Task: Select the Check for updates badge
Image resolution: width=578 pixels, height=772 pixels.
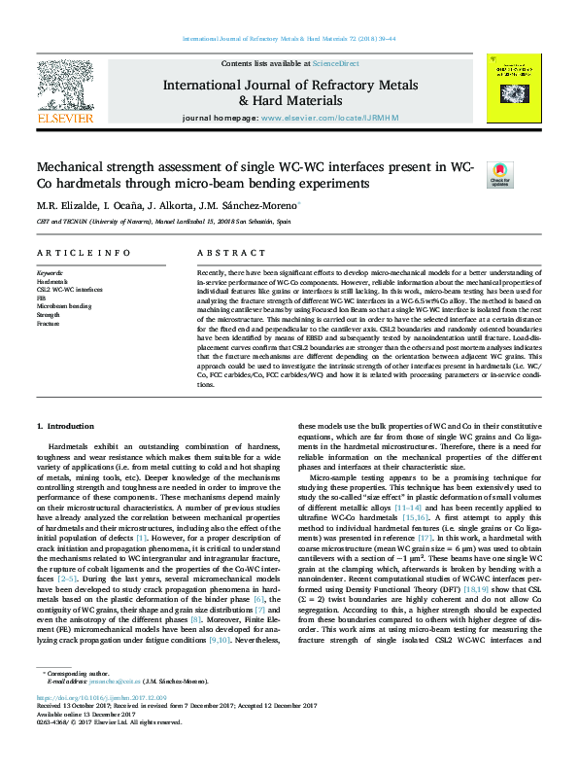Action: click(x=499, y=174)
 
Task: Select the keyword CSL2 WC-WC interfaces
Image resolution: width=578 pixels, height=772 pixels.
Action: click(x=69, y=290)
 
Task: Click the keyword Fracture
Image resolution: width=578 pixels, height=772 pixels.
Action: click(x=50, y=323)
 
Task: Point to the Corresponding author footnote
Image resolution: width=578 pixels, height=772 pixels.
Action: click(x=78, y=700)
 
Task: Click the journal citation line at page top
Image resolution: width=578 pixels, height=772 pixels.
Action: click(x=289, y=39)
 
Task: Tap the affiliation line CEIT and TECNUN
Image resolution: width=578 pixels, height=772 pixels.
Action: click(x=162, y=222)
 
